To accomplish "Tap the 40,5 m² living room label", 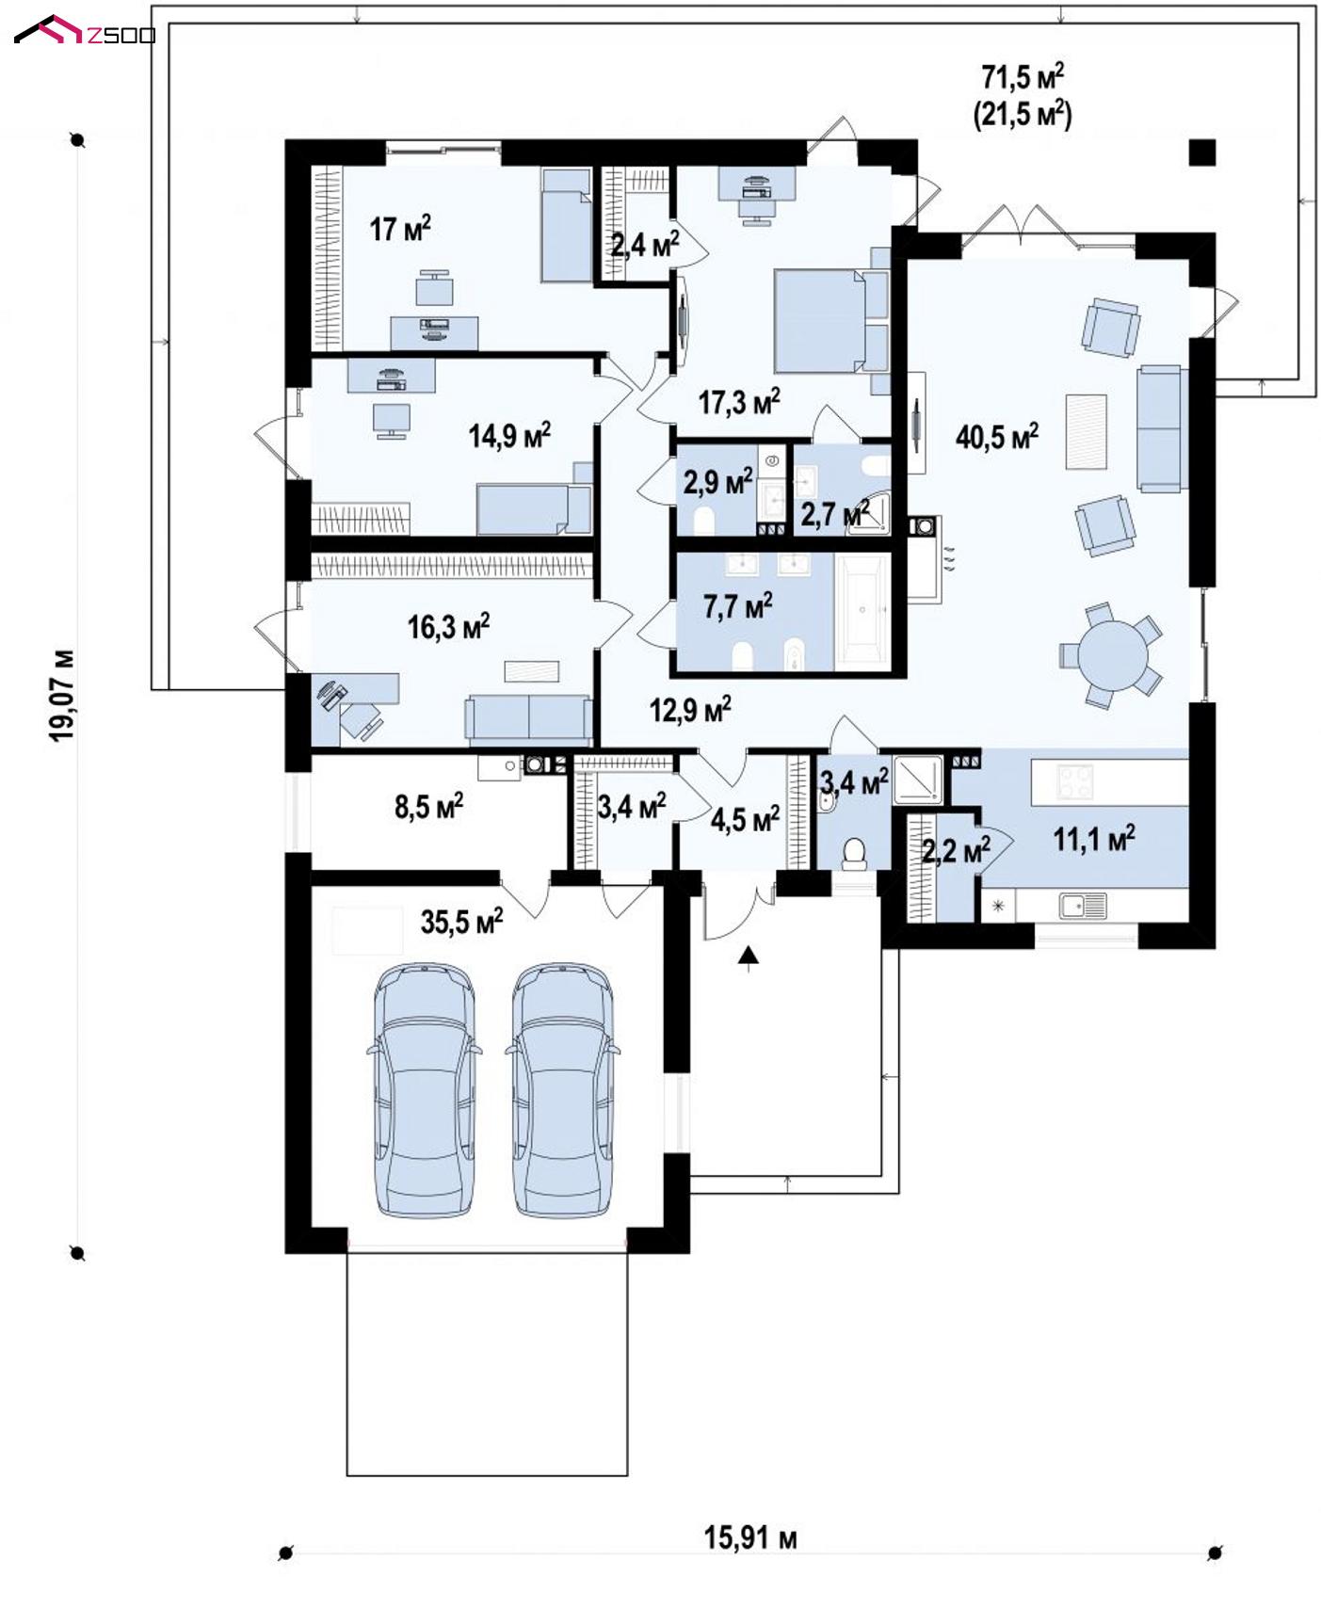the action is click(x=997, y=436).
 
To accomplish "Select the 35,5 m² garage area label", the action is click(x=461, y=921).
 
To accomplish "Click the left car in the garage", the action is click(x=425, y=1089).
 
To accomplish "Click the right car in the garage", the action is click(x=562, y=1089).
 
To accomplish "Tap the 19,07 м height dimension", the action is click(x=63, y=695).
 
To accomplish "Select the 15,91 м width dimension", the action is click(x=750, y=1538).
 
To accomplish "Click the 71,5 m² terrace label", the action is click(x=1023, y=75).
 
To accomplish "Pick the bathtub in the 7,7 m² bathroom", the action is click(x=862, y=611).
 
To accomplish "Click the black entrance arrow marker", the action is click(x=749, y=957).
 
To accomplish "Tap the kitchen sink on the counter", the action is click(x=1084, y=906).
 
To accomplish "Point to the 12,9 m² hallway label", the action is click(x=690, y=709).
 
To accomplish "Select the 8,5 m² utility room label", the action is click(x=428, y=806).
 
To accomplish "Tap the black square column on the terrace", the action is click(x=1201, y=153).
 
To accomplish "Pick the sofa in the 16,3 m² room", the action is click(x=527, y=717).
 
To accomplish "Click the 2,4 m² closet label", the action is click(x=645, y=247).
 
